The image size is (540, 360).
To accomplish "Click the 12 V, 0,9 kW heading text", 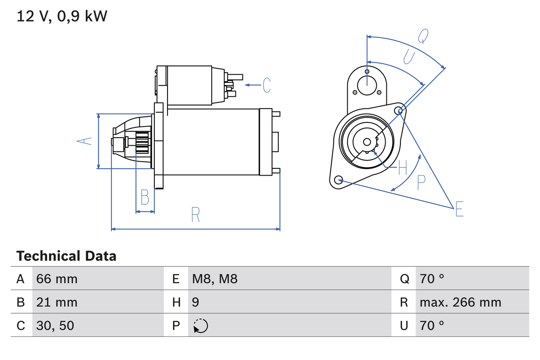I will tap(62, 16).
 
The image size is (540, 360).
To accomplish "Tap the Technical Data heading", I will tap(66, 256).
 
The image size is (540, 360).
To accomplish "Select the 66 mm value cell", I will tap(57, 279).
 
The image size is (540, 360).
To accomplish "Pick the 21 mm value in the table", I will tap(57, 302).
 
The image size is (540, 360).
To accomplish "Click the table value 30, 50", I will tap(55, 325).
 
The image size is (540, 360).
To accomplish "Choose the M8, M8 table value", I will tap(215, 279).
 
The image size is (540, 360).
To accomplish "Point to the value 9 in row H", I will tap(195, 302).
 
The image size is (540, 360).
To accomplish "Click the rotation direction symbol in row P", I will tap(201, 326).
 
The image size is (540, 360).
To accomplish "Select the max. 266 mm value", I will tap(460, 302).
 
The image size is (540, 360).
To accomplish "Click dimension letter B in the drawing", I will tap(145, 198).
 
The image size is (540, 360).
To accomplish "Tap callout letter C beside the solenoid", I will tap(266, 85).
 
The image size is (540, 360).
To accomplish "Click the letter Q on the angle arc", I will tap(423, 37).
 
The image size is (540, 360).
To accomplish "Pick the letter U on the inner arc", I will tap(409, 57).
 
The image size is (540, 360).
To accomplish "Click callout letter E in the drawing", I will tap(459, 209).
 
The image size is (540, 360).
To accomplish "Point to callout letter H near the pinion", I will tap(403, 168).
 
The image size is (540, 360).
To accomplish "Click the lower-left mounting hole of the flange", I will tap(338, 180).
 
